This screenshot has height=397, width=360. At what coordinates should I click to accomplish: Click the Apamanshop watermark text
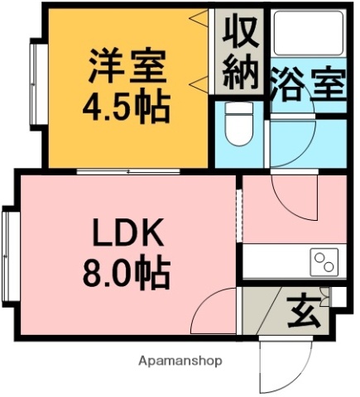pyautogui.click(x=181, y=361)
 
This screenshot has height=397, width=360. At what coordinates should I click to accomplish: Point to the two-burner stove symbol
pyautogui.click(x=324, y=263)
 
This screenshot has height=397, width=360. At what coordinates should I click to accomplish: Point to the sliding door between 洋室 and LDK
pyautogui.click(x=128, y=171)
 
